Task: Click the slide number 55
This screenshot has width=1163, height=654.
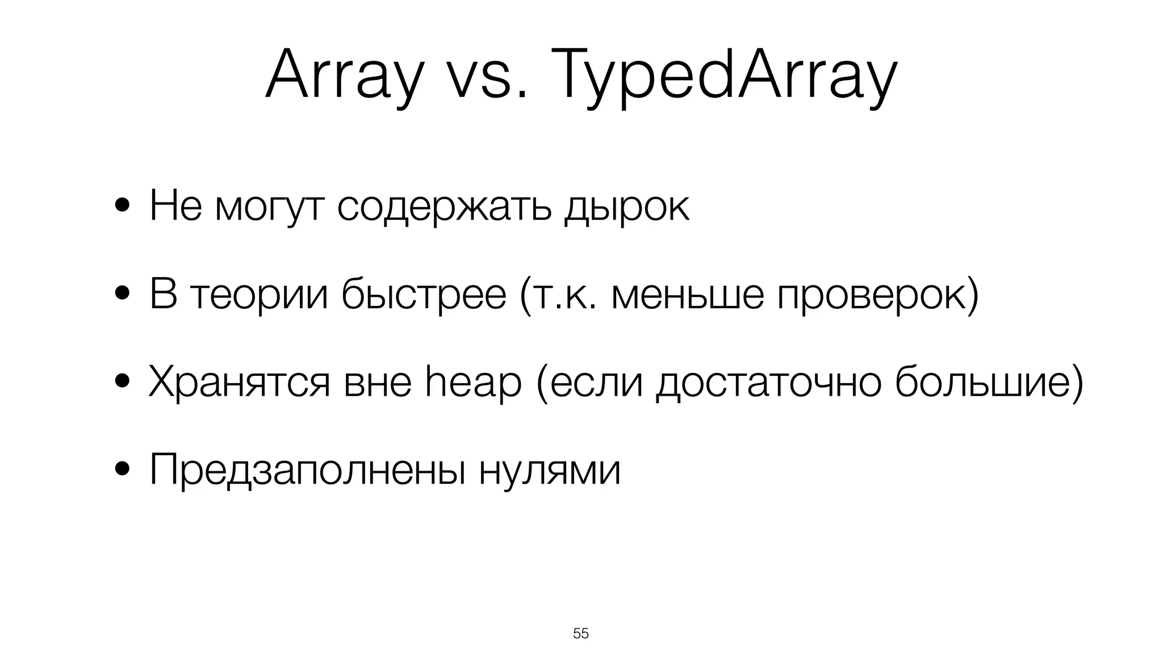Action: click(581, 634)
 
